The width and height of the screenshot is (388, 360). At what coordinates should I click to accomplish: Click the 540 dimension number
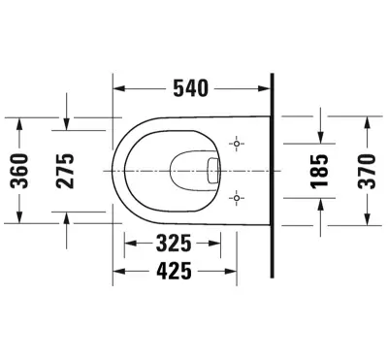[x=191, y=88]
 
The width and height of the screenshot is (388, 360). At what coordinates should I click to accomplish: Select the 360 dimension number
[x=19, y=171]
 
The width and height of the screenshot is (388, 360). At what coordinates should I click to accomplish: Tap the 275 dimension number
[x=65, y=171]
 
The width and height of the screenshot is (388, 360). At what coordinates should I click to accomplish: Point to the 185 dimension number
[x=319, y=171]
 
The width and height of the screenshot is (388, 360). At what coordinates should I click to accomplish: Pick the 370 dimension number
[x=368, y=171]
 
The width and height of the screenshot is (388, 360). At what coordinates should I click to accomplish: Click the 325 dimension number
[x=174, y=244]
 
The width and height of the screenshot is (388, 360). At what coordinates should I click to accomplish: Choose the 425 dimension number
[x=174, y=271]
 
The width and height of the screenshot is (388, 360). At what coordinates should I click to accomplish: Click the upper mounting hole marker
[x=237, y=144]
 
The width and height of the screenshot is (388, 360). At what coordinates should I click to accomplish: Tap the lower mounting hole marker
[x=237, y=198]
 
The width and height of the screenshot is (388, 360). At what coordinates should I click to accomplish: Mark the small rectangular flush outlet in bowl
[x=213, y=171]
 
